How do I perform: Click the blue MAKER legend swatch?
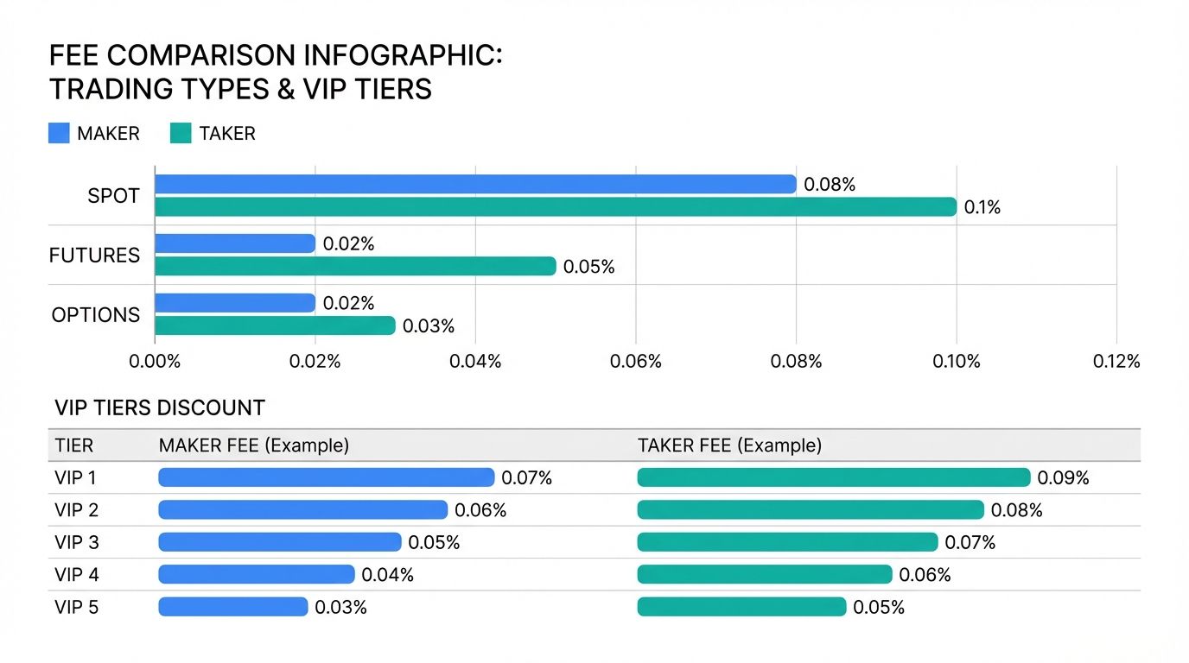coord(59,133)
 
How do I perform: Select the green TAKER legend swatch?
coord(181,133)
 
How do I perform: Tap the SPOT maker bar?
coord(475,184)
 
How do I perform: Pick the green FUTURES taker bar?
coord(355,266)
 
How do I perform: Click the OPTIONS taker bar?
coord(275,325)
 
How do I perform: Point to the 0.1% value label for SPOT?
coord(982,208)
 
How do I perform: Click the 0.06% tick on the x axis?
coord(636,361)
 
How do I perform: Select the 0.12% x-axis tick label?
coord(1116,361)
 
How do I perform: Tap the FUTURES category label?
coord(94,256)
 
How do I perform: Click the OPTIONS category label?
coord(95,315)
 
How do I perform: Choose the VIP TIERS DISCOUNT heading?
coord(160,407)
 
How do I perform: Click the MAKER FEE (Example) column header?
coord(254,445)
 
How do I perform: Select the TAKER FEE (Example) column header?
coord(729,445)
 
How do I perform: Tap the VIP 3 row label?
coord(77,542)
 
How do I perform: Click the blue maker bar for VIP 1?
coord(326,477)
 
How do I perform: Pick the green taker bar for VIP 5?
coord(741,607)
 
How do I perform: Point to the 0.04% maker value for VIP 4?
coord(388,575)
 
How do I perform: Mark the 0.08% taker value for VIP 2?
coord(1017,510)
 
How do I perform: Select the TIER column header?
coord(74,445)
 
